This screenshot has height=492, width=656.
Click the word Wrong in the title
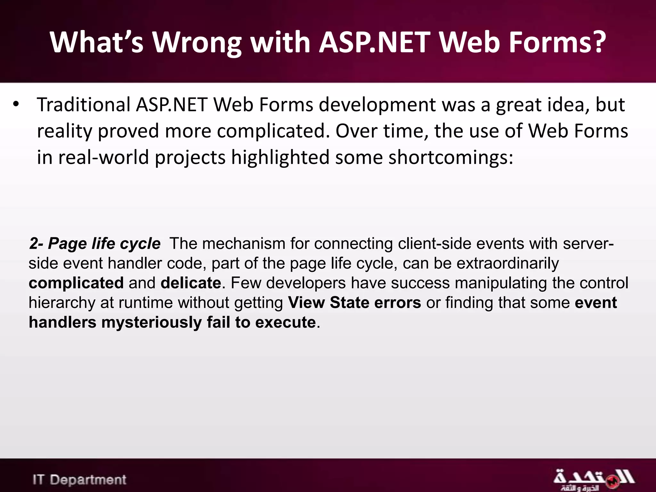click(x=196, y=43)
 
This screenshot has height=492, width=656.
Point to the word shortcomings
click(x=451, y=158)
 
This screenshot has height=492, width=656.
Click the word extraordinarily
click(x=507, y=264)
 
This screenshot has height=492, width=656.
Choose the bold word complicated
click(x=76, y=283)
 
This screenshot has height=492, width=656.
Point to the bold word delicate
click(x=191, y=283)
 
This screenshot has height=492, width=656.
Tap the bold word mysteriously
click(x=152, y=322)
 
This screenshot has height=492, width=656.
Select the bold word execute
click(x=285, y=322)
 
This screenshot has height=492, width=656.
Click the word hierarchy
click(x=62, y=303)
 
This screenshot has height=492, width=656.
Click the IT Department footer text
click(x=79, y=480)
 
